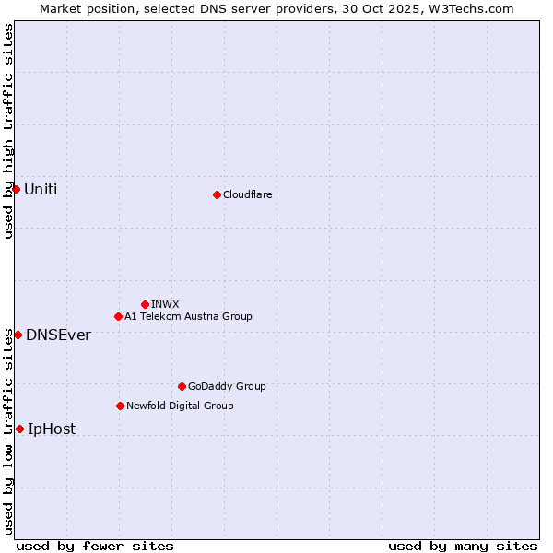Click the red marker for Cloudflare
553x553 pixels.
pos(217,194)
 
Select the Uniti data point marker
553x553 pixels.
pos(16,189)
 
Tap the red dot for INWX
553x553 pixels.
pos(145,304)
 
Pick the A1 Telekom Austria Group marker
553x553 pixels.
pos(118,316)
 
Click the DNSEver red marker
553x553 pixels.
pos(18,335)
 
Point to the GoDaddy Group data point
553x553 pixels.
pos(182,386)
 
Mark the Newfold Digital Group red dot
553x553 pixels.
pos(120,406)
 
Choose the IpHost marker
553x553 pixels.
pos(19,429)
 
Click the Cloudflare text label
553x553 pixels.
pos(248,194)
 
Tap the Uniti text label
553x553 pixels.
pos(41,189)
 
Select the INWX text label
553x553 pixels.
pos(165,304)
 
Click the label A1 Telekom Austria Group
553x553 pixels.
pos(188,316)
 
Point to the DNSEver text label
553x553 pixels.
pos(58,335)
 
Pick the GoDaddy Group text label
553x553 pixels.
pos(227,386)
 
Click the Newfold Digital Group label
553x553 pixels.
pos(180,406)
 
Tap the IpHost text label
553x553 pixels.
pos(52,429)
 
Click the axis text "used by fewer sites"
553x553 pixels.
pos(95,546)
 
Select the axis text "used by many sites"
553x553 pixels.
pos(463,546)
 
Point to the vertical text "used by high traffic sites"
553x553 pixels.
pos(8,131)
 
